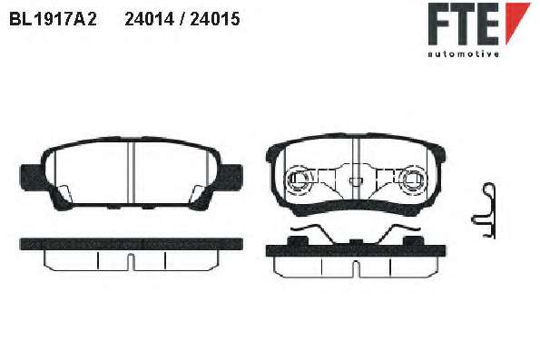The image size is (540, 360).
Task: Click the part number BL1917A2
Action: (x=53, y=19)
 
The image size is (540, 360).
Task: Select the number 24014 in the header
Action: (x=150, y=19)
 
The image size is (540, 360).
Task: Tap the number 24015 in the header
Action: (x=215, y=19)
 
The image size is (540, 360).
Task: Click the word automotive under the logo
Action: (x=464, y=54)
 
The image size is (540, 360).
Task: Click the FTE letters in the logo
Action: (x=464, y=24)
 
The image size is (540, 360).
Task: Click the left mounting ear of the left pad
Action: (x=30, y=176)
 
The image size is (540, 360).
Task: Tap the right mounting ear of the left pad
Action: (x=231, y=176)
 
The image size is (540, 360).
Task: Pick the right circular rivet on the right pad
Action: (x=415, y=179)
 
